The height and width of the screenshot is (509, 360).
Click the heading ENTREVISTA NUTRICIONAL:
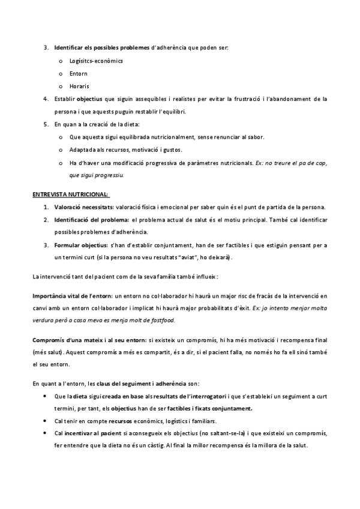(70, 194)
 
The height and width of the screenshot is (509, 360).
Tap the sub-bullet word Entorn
(79, 74)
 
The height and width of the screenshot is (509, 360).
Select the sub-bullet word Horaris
(80, 86)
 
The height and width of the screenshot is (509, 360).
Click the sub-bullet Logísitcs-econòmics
(96, 61)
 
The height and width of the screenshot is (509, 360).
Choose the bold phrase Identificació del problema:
(91, 220)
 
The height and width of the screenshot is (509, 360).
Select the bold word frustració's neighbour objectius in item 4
(90, 99)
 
